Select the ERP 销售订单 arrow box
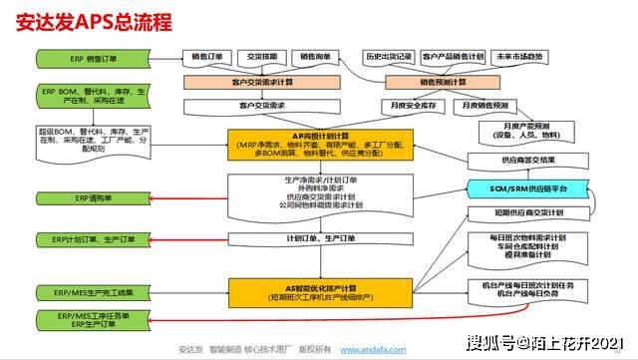coord(93,59)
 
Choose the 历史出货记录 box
coord(388,58)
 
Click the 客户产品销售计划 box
coord(454,58)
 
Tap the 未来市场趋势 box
coord(522,58)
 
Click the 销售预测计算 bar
coord(443,82)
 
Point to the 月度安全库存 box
coord(413,104)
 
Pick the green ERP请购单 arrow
coord(94,199)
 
